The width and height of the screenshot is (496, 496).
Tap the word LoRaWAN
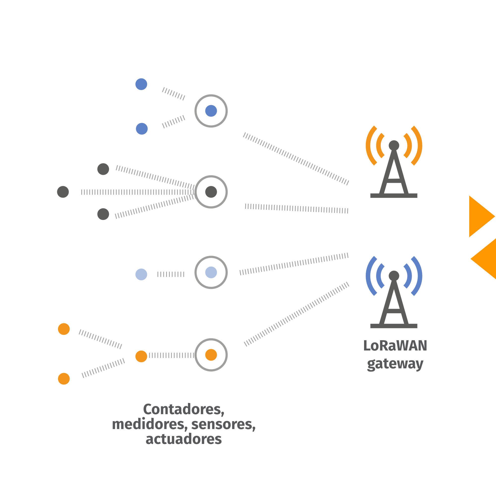coord(395,345)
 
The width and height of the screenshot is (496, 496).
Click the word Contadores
coord(184,409)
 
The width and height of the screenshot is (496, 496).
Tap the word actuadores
coord(184,439)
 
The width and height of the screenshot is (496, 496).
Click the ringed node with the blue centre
coord(211,111)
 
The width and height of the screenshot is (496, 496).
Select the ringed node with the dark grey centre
coord(211,192)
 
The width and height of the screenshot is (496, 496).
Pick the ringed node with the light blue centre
coord(211,272)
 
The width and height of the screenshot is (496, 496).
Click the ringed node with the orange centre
coord(211,355)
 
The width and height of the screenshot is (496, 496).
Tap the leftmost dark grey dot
coord(63,192)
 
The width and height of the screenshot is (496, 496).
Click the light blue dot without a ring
coord(141,275)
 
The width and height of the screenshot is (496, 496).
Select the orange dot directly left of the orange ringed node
coord(141,356)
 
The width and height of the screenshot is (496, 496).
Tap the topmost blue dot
coord(141,84)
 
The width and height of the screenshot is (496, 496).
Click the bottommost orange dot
coord(64,379)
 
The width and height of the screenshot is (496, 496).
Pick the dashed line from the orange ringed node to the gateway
coord(297,314)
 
